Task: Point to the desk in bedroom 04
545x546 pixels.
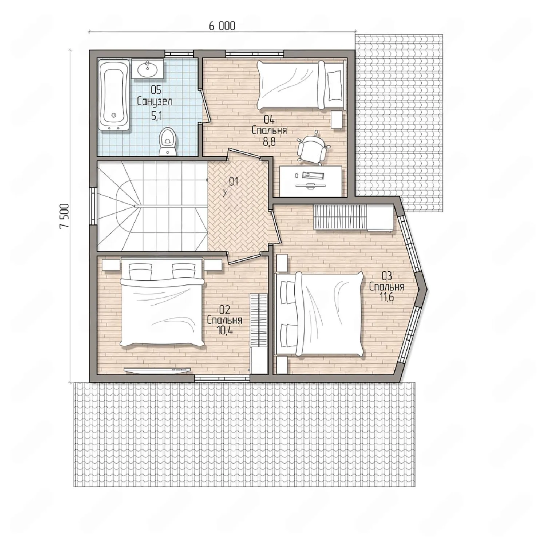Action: (310, 181)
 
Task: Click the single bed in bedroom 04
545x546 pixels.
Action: (300, 85)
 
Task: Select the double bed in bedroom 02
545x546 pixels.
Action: (162, 302)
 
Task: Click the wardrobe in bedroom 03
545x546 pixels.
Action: (353, 217)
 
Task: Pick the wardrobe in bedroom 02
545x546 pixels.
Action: (259, 333)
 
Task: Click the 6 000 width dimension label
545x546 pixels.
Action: (222, 26)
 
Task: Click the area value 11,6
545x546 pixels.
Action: (387, 297)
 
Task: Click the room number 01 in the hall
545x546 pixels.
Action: (233, 181)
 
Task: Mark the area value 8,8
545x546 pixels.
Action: (269, 141)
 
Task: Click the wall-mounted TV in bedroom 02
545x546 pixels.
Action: (158, 370)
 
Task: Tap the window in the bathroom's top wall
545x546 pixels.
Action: (179, 53)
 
